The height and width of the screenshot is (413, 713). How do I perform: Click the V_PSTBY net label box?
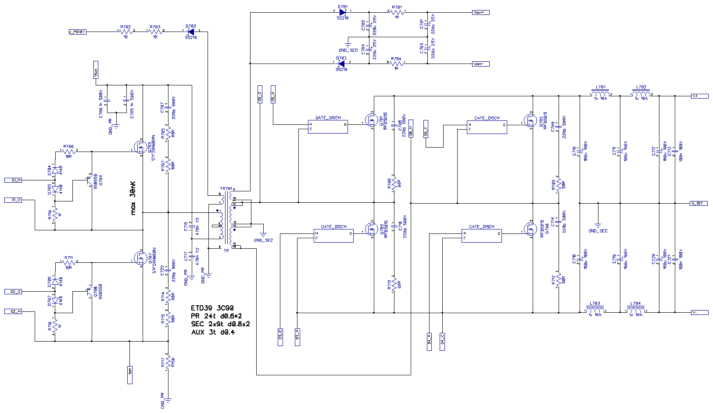[78, 32]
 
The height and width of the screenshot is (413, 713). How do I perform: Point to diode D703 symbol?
[342, 64]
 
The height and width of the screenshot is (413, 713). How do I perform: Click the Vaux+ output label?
[480, 12]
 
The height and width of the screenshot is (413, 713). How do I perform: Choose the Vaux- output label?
[480, 64]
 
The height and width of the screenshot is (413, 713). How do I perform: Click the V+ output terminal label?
[699, 96]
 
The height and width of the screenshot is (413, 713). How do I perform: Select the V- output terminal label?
[699, 312]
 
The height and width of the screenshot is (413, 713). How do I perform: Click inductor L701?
[599, 94]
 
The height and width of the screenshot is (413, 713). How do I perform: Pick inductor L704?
[635, 311]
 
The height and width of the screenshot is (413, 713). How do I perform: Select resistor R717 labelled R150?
[168, 362]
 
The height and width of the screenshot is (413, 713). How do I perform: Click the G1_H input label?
[13, 180]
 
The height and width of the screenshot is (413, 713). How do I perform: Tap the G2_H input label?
[13, 311]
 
